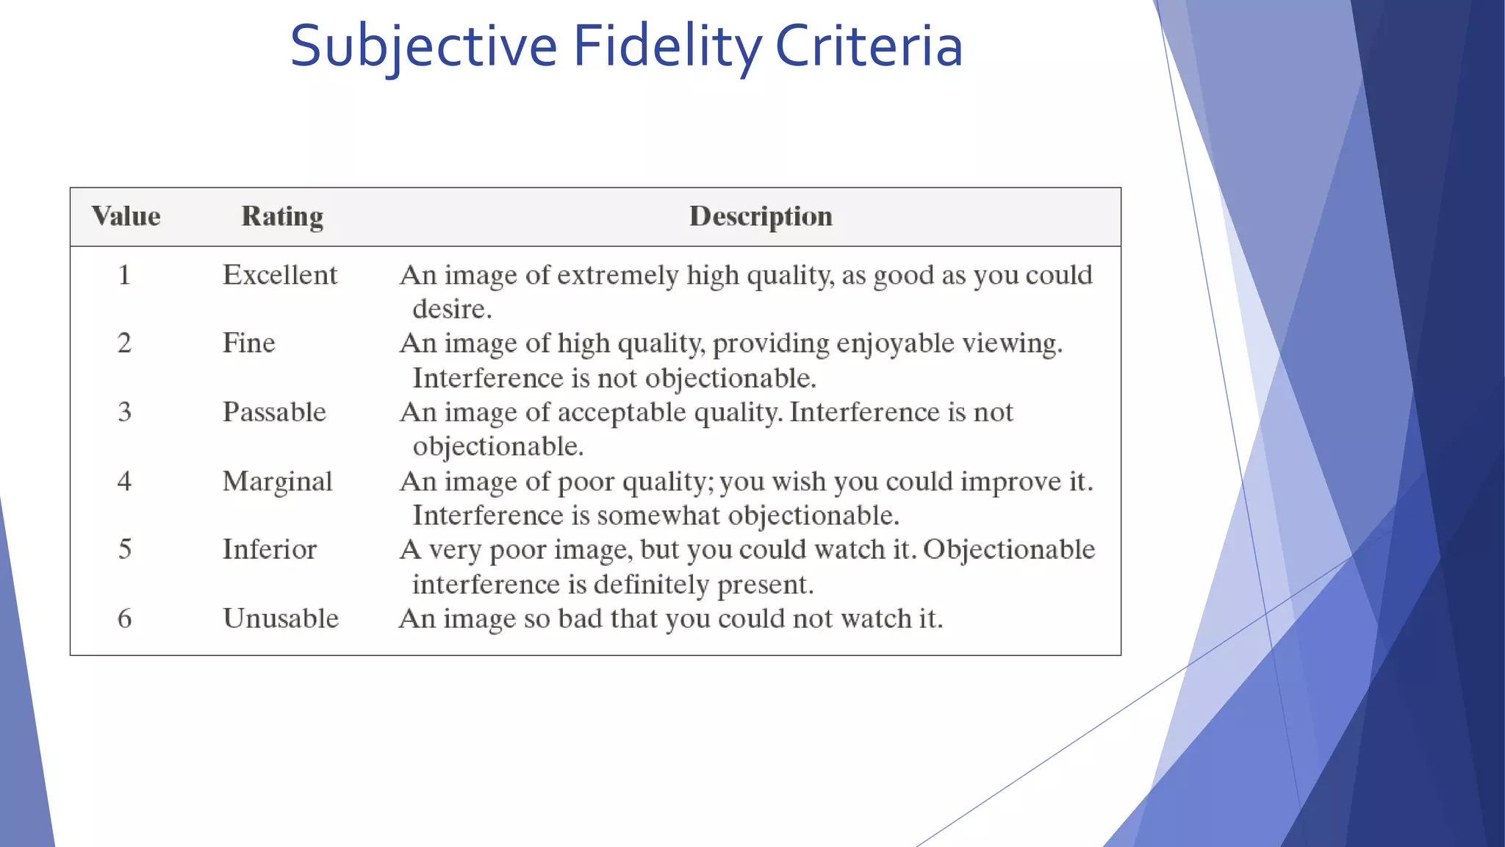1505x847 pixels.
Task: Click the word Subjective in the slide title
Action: (x=423, y=46)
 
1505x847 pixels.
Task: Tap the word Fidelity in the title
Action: (x=667, y=46)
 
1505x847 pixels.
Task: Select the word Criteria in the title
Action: (x=869, y=46)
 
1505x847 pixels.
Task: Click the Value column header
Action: (x=126, y=216)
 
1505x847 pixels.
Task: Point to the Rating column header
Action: (x=282, y=216)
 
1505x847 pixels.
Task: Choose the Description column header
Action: (x=761, y=216)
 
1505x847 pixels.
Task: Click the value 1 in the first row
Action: (x=124, y=275)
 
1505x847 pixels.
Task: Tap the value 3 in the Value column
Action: (x=124, y=412)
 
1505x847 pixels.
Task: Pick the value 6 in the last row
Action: (x=124, y=618)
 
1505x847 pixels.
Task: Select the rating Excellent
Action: (x=280, y=275)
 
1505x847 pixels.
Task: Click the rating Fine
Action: (x=248, y=343)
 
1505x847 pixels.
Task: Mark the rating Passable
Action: (x=274, y=412)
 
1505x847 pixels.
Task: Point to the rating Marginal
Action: (x=277, y=482)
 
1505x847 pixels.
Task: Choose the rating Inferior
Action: (x=269, y=549)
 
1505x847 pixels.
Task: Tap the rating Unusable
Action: (x=281, y=618)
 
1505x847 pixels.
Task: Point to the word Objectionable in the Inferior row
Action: (x=1009, y=549)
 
